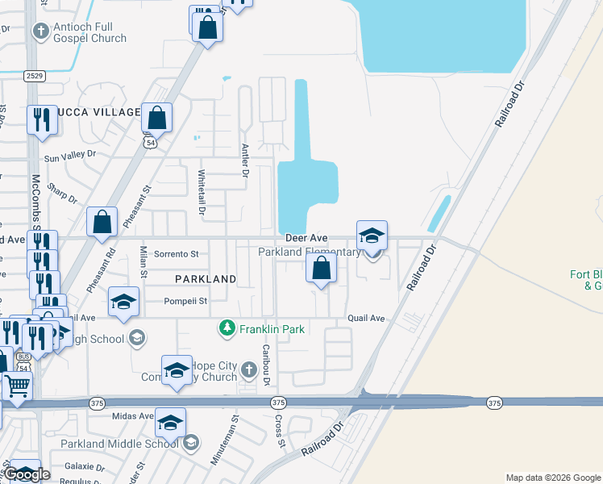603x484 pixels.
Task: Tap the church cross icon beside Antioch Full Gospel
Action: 40,31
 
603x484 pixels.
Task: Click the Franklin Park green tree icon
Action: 227,328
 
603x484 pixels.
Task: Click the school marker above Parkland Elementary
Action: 372,236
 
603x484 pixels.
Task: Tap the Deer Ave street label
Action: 306,239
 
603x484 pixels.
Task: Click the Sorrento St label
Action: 176,253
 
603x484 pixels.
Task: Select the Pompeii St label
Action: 186,301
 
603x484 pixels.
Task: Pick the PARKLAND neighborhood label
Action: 206,279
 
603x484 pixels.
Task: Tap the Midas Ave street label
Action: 134,415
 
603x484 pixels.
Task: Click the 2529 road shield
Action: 35,77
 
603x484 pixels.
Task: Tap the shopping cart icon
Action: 17,385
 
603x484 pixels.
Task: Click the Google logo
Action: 27,475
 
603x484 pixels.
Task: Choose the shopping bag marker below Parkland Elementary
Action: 321,269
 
